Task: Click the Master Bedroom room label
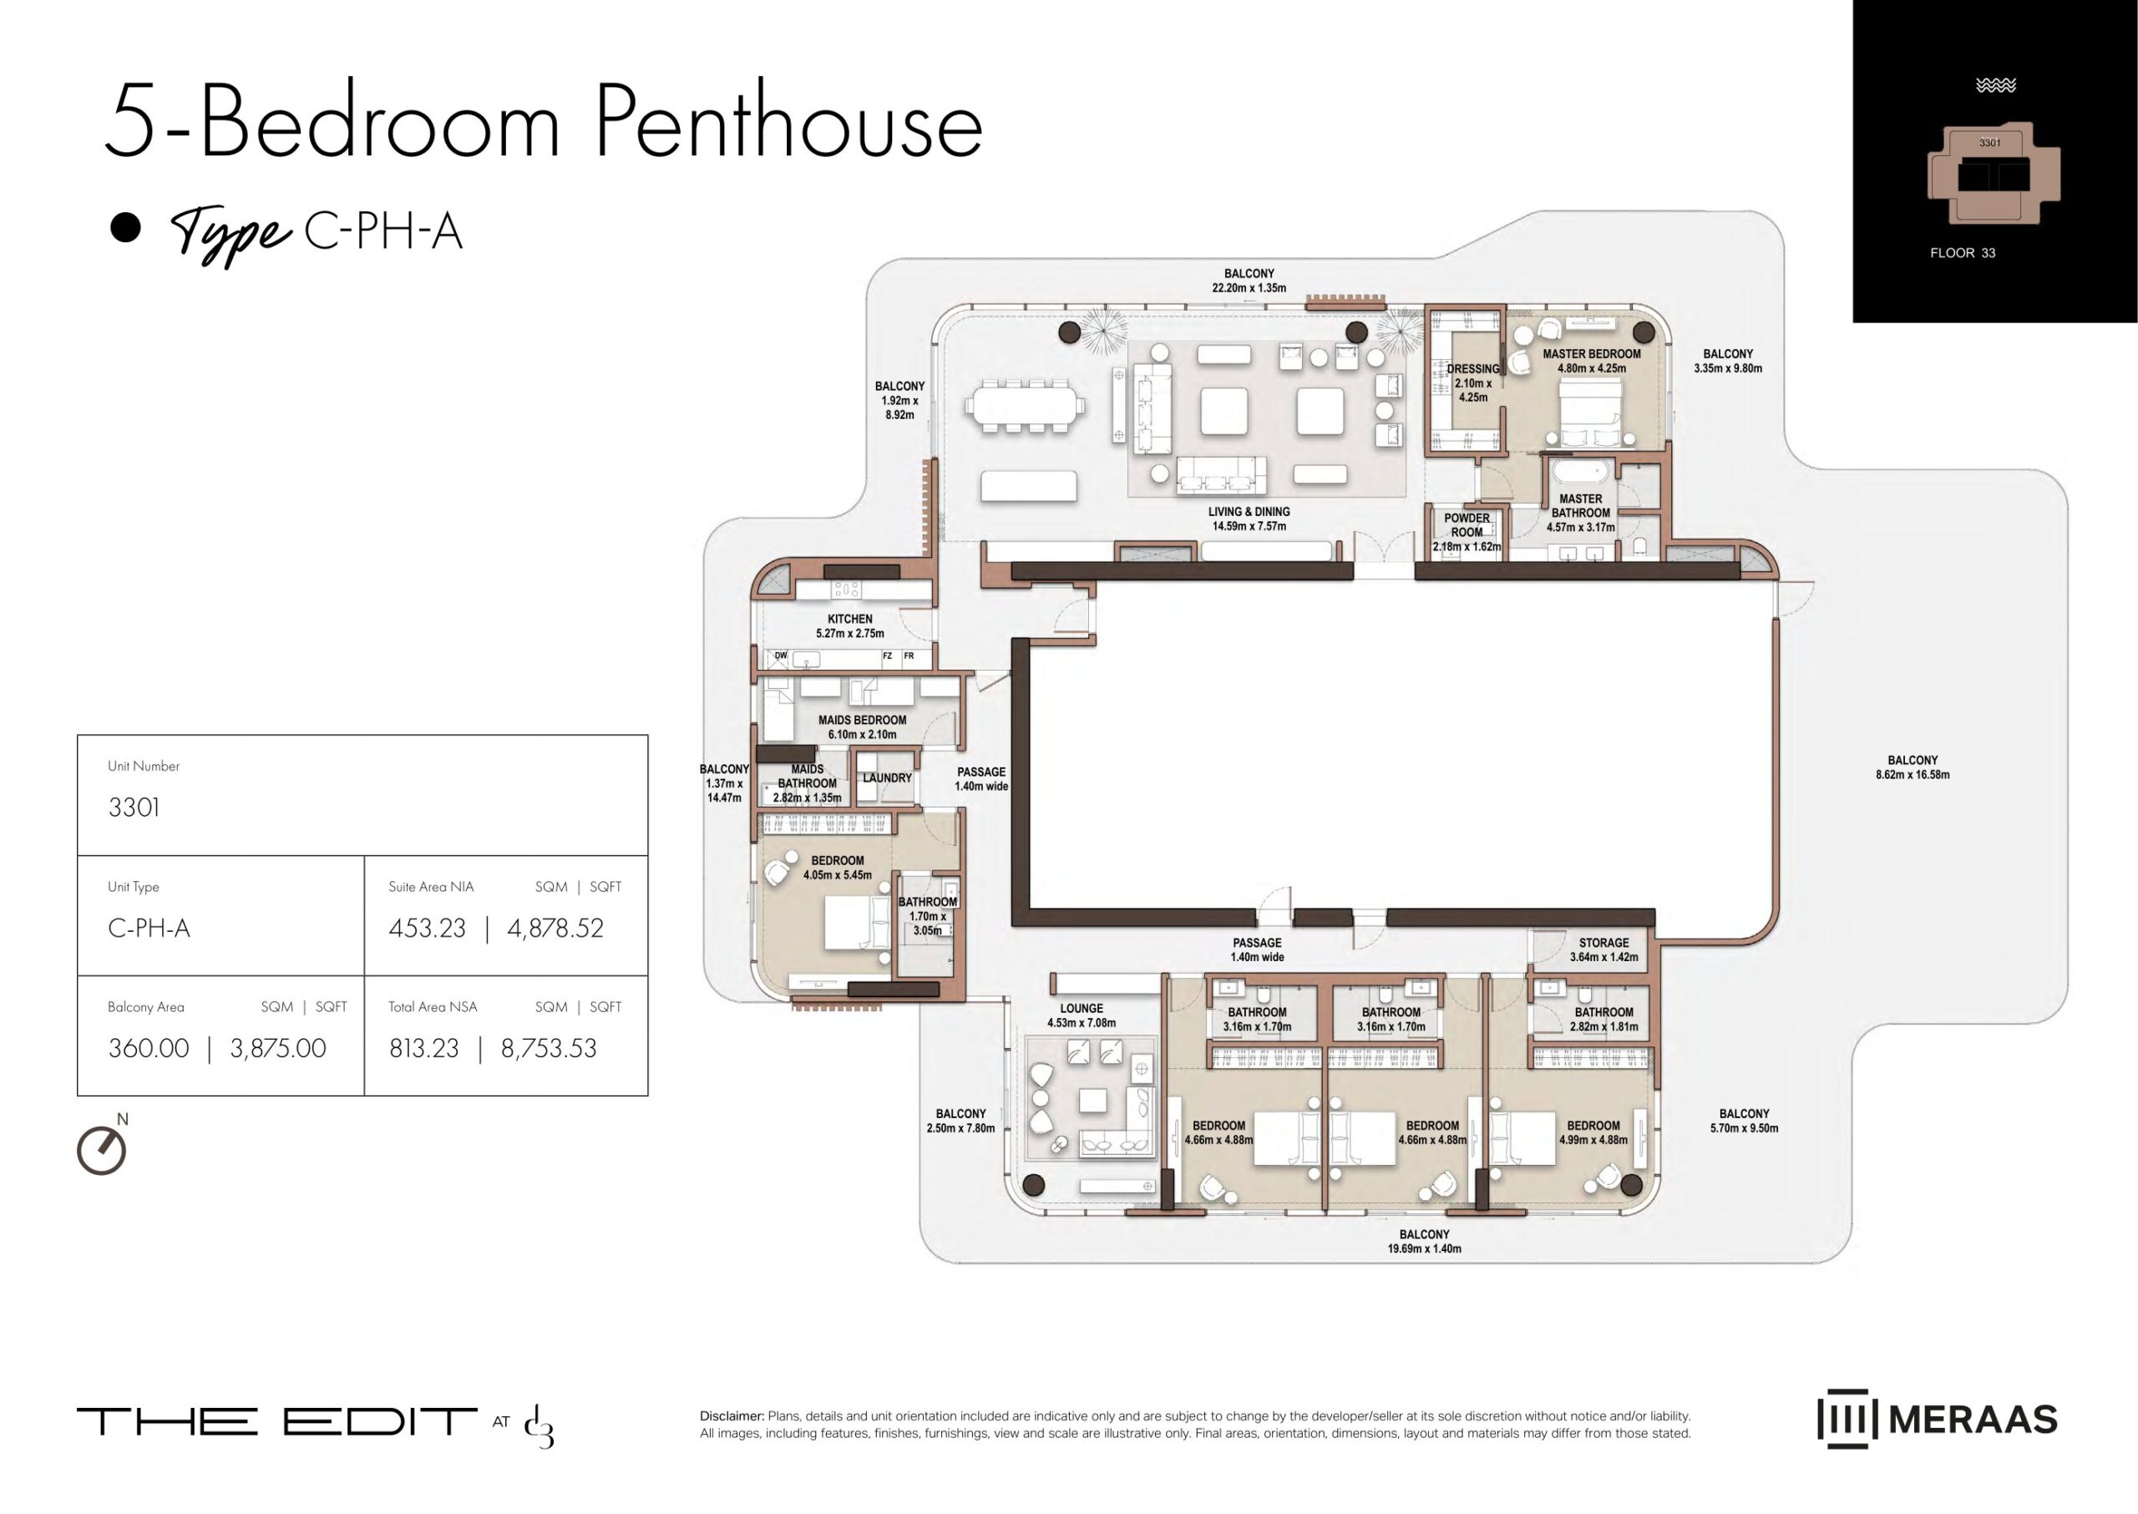coord(1591,354)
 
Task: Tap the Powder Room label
coord(1467,525)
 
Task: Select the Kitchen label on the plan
coord(849,619)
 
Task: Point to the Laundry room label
coord(887,777)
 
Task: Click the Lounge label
coord(1082,1008)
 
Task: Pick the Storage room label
coord(1603,943)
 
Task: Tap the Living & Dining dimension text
coord(1249,527)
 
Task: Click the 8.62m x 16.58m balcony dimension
coord(1913,775)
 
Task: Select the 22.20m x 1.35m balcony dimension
coord(1249,288)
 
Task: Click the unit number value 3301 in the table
coord(134,808)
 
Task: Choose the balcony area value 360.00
coord(149,1048)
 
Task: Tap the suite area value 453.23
coord(427,929)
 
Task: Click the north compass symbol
coord(102,1151)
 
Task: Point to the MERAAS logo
coord(1937,1420)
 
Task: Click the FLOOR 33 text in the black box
coord(1963,253)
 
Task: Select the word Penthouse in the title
coord(789,122)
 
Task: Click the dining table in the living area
coord(1025,406)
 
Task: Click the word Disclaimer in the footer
coord(732,1416)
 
